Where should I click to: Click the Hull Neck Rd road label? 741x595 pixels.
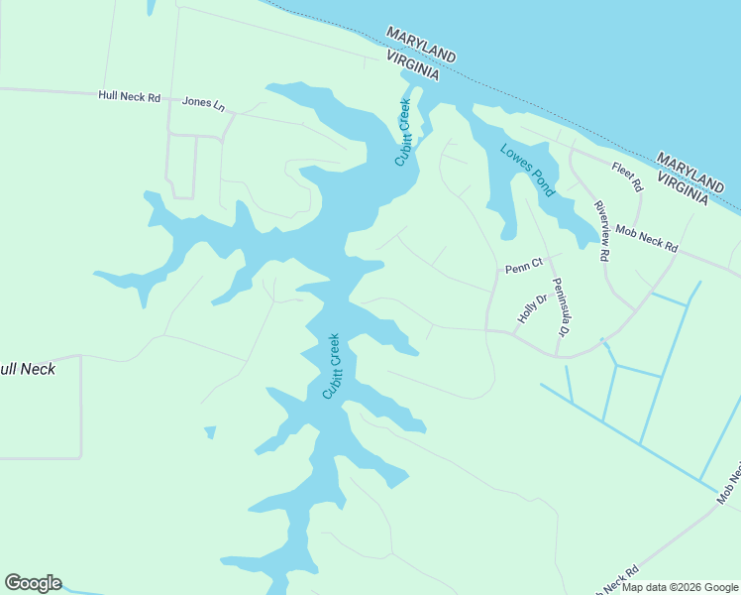pos(129,97)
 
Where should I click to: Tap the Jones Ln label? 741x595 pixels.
pos(204,102)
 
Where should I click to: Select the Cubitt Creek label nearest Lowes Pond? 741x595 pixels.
pos(403,131)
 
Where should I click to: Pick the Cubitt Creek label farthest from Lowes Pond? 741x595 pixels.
pos(333,366)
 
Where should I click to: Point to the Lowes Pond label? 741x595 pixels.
pos(527,170)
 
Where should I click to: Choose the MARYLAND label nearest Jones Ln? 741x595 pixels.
pos(421,45)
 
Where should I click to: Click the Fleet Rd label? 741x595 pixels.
pos(627,177)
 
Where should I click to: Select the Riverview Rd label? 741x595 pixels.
pos(600,230)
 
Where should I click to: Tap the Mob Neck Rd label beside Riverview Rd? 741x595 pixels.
pos(646,239)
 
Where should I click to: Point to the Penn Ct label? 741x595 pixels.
pos(524,266)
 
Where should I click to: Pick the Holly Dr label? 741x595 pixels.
pos(532,307)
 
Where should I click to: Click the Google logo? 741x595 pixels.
pos(33,583)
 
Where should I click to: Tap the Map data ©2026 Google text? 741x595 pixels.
pos(681,587)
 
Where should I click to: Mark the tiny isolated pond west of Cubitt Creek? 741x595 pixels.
pos(210,431)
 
